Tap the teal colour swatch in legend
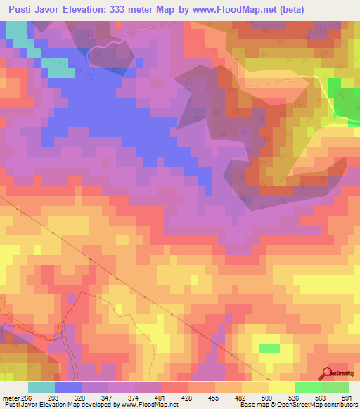point(41,387)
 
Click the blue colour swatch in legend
point(67,387)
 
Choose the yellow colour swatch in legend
point(281,387)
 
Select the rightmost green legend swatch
point(335,387)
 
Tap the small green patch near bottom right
point(269,349)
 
